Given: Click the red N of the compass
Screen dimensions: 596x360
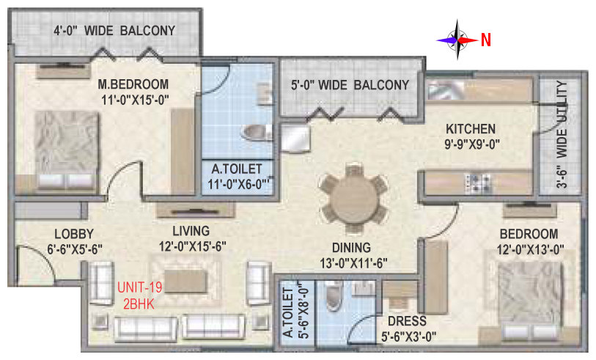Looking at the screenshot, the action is point(486,40).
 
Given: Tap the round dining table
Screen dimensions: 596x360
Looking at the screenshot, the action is point(353,199).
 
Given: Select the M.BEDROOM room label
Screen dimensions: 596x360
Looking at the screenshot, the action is point(133,84).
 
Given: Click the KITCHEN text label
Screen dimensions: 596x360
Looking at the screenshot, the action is point(471,129).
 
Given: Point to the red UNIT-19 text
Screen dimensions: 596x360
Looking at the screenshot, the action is point(140,287).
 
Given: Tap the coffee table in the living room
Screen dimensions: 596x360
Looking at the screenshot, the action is point(185,282).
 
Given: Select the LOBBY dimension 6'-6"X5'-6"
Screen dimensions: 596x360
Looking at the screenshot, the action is point(75,249).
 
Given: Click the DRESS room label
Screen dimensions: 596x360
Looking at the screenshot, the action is point(407,321).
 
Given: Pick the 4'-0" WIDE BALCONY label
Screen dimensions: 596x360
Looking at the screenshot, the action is point(114,30).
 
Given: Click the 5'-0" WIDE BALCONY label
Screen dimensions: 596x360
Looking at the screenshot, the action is point(350,85).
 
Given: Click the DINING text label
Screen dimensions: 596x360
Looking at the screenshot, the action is point(351,248).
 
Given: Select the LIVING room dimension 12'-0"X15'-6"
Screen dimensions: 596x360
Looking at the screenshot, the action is point(192,246).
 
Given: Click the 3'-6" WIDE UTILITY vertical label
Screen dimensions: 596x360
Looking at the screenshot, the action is point(562,135).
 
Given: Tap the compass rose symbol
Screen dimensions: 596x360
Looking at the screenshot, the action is point(457,40).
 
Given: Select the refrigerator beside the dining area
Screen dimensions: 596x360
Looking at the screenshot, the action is point(295,138).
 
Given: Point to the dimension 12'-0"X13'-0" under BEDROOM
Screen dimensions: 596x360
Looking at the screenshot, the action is point(530,250).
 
